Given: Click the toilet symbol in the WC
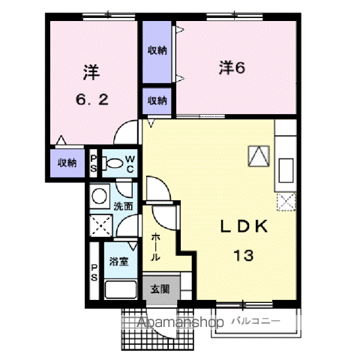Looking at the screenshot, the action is click(x=112, y=163).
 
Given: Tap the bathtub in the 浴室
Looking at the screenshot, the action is click(x=121, y=289).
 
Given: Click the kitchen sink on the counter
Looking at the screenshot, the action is click(x=286, y=170).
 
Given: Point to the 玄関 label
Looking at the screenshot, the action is click(x=160, y=289).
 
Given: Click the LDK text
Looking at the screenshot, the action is click(x=244, y=226).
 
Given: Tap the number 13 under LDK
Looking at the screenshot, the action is click(x=244, y=255).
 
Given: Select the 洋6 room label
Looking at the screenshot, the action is click(x=232, y=67).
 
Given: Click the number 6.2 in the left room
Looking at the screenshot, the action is click(x=92, y=100).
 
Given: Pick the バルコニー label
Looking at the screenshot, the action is click(x=256, y=321).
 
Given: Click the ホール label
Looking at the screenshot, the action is click(x=155, y=247).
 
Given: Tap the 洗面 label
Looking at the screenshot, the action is click(x=123, y=206).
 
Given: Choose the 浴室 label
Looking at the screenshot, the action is click(x=119, y=262).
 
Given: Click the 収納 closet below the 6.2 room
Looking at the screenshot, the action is click(x=67, y=163).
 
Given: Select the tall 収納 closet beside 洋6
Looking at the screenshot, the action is click(x=157, y=52).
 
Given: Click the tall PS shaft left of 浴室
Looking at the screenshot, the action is click(x=94, y=271).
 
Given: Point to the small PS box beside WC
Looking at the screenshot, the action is click(x=93, y=163).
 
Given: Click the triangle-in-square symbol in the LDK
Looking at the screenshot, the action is click(x=259, y=156).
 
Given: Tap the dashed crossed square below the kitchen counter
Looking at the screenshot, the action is click(x=286, y=202).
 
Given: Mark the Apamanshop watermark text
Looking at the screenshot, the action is click(x=181, y=322).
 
